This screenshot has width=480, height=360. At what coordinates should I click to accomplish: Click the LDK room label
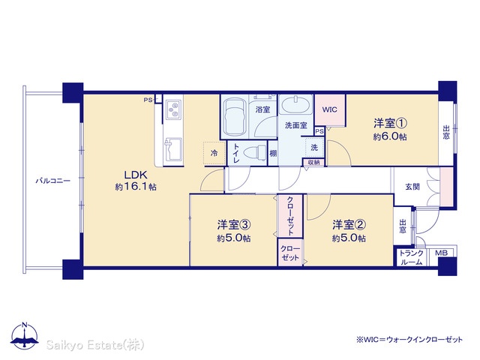[136, 175]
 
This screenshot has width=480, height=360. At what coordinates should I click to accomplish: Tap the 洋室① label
[390, 123]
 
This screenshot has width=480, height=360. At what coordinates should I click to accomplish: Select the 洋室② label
[349, 225]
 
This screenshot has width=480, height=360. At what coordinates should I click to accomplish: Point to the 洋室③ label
[234, 225]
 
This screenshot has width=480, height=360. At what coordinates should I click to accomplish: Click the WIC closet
[330, 110]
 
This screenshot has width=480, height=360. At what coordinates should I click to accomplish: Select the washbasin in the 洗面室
[295, 105]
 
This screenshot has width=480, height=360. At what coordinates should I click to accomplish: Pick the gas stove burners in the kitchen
[174, 110]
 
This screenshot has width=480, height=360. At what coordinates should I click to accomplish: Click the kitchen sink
[173, 148]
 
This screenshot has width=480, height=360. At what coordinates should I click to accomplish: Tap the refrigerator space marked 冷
[214, 153]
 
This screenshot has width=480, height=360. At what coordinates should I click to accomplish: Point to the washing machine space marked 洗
[314, 148]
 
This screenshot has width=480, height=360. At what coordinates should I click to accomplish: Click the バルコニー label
[53, 181]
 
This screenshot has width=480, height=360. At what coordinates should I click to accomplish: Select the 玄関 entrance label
[412, 187]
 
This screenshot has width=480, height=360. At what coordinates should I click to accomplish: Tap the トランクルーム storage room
[411, 257]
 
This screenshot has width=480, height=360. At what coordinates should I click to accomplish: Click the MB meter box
[441, 253]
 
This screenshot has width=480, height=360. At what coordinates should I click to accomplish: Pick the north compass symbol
[25, 336]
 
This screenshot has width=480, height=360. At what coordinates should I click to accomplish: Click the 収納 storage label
[313, 163]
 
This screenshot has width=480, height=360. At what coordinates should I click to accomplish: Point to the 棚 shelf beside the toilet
[273, 153]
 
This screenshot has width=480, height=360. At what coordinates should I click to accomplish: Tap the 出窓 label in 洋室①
[446, 132]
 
